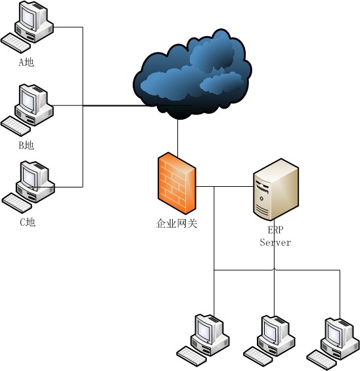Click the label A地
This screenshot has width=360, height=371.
coord(26,62)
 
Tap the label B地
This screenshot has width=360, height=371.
coord(26,145)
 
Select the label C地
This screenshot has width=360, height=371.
coord(28,222)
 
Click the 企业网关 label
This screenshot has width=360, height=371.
coord(177,224)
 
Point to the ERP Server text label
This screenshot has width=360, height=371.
coord(275,236)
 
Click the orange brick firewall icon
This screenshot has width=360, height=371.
coord(177,184)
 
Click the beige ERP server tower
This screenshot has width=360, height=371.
coord(276,189)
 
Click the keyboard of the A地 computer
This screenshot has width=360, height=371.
coord(16,43)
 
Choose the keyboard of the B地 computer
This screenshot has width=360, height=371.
coord(16,126)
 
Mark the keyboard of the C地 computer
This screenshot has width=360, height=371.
coord(17,203)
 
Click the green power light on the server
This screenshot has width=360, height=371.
coord(261,198)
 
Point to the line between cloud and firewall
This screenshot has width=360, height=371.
coord(177,138)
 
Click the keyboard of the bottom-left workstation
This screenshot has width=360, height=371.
coord(191,356)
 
